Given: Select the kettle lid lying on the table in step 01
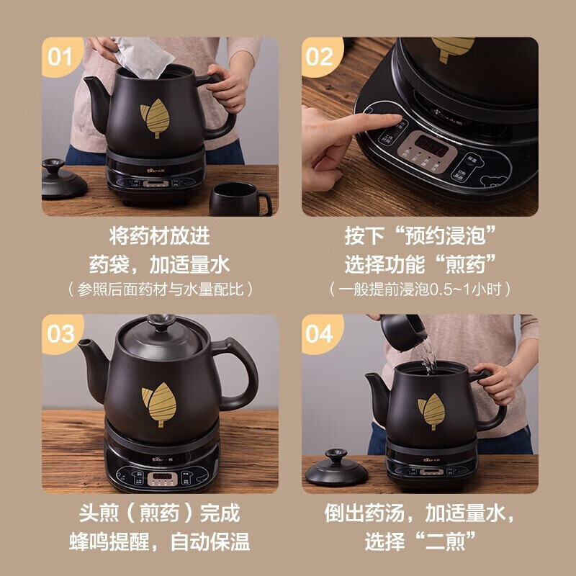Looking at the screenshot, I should click(63, 181).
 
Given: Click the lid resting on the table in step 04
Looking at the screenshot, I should click(337, 469).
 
